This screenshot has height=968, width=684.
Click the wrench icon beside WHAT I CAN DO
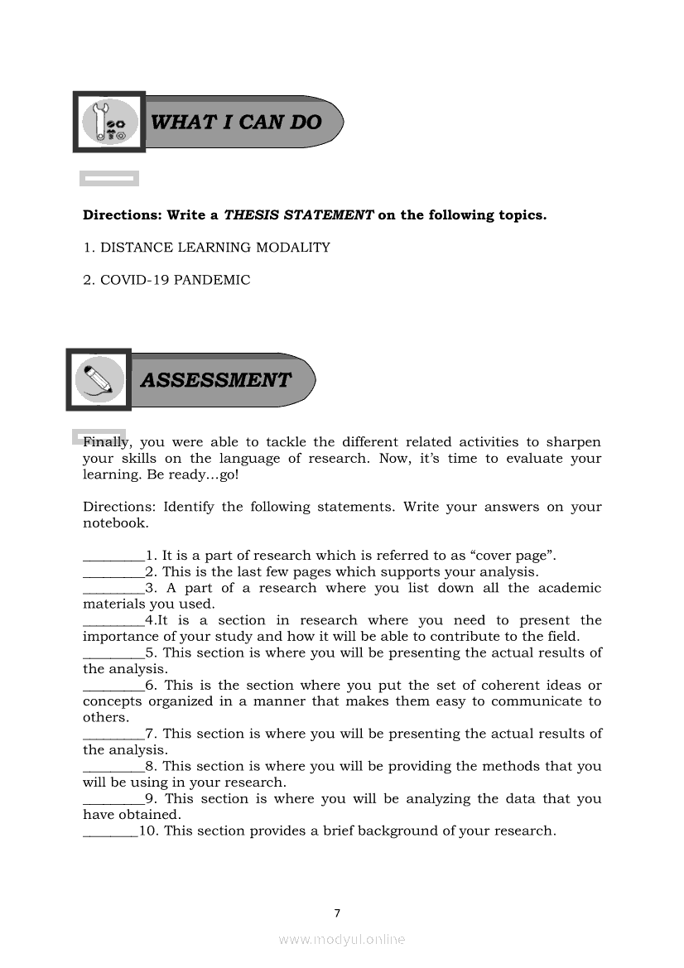pyautogui.click(x=109, y=122)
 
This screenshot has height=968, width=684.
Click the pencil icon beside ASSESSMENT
pyautogui.click(x=99, y=380)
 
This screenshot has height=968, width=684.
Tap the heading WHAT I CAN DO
pyautogui.click(x=237, y=123)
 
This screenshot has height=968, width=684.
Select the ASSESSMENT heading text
pyautogui.click(x=216, y=380)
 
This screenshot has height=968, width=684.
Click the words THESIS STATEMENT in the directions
pyautogui.click(x=299, y=215)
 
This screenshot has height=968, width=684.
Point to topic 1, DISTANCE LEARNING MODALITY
pyautogui.click(x=214, y=248)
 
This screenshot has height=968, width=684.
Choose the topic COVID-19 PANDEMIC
pyautogui.click(x=175, y=280)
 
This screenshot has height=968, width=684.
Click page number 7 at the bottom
pyautogui.click(x=337, y=914)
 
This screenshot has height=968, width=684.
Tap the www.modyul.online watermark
pyautogui.click(x=342, y=940)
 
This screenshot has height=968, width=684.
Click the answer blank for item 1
pyautogui.click(x=113, y=556)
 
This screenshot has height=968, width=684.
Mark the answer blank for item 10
pyautogui.click(x=110, y=831)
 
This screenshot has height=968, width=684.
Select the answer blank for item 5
pyautogui.click(x=113, y=653)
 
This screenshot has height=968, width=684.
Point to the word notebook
pyautogui.click(x=114, y=523)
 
